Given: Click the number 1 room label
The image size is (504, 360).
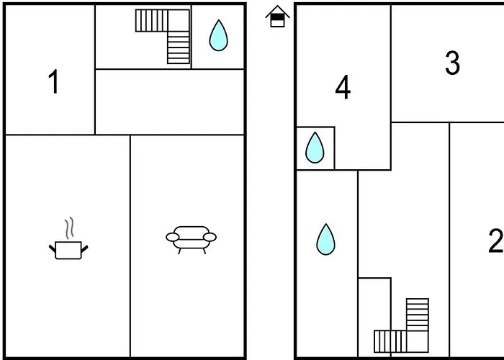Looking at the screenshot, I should (x=53, y=83).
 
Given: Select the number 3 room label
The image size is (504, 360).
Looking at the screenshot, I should (x=452, y=63).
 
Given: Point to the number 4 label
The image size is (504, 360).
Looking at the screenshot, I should (x=343, y=88).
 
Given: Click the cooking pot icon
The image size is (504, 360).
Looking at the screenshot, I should (x=69, y=250).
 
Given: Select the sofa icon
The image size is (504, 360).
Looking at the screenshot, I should (x=191, y=238).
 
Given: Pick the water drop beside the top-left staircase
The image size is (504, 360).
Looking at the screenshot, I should (x=218, y=35).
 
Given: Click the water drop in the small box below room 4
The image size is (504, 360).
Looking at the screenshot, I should (x=315, y=148).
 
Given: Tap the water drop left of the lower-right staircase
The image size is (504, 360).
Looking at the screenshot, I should (x=326, y=239).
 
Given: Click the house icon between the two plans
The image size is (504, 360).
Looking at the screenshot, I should (x=276, y=17).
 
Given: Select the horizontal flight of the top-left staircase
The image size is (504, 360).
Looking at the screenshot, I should (x=151, y=20).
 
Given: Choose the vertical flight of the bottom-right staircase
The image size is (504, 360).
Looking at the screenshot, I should (x=417, y=315).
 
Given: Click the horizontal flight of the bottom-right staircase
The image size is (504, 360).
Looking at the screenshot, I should (x=390, y=341).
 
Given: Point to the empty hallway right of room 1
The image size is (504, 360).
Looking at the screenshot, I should (x=170, y=102).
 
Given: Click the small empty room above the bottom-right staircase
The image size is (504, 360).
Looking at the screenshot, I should (x=374, y=302).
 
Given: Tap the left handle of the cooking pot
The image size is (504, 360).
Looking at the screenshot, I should (x=52, y=248).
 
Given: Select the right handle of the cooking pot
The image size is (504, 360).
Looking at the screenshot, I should (x=86, y=248).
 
